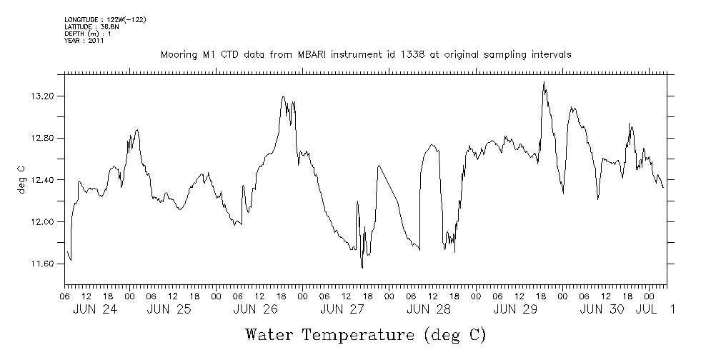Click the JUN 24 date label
coord(95,309)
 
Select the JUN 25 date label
coord(169,309)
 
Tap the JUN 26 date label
coord(255,309)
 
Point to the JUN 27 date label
coord(342,309)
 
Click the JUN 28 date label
coord(429,309)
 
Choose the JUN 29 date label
coord(515,309)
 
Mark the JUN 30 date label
coord(602,309)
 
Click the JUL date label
coord(646,309)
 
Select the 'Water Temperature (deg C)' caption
coord(365,334)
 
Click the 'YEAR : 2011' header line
coord(84,41)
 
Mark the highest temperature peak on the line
coord(544,82)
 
